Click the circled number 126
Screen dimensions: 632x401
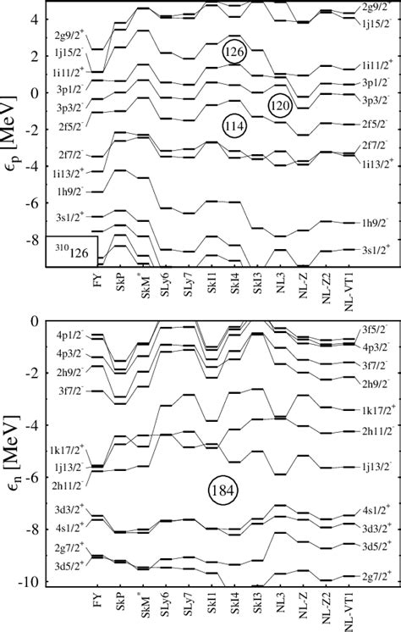pos(234,53)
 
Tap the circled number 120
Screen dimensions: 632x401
pos(281,105)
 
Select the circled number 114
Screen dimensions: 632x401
pos(234,126)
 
